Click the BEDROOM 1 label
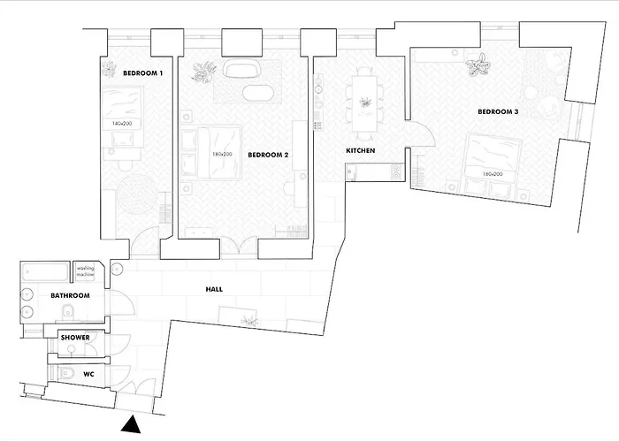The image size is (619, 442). [142, 73]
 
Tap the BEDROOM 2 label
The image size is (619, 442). [268, 155]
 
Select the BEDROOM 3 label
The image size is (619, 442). [498, 111]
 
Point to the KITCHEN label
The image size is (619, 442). [361, 150]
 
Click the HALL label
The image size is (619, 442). [214, 289]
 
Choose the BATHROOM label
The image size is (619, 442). [70, 295]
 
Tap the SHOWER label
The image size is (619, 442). [75, 338]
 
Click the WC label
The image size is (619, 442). [88, 374]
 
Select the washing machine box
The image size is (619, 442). [85, 271]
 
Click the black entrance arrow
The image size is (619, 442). [131, 424]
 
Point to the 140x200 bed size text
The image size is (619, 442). [122, 124]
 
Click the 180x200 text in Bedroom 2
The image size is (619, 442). [222, 155]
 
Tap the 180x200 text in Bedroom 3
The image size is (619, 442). [493, 173]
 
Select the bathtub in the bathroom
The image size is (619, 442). [45, 272]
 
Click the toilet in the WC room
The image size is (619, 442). [65, 372]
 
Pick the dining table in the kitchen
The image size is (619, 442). [364, 103]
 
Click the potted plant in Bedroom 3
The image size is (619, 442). [478, 65]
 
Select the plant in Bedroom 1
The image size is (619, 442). [109, 69]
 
